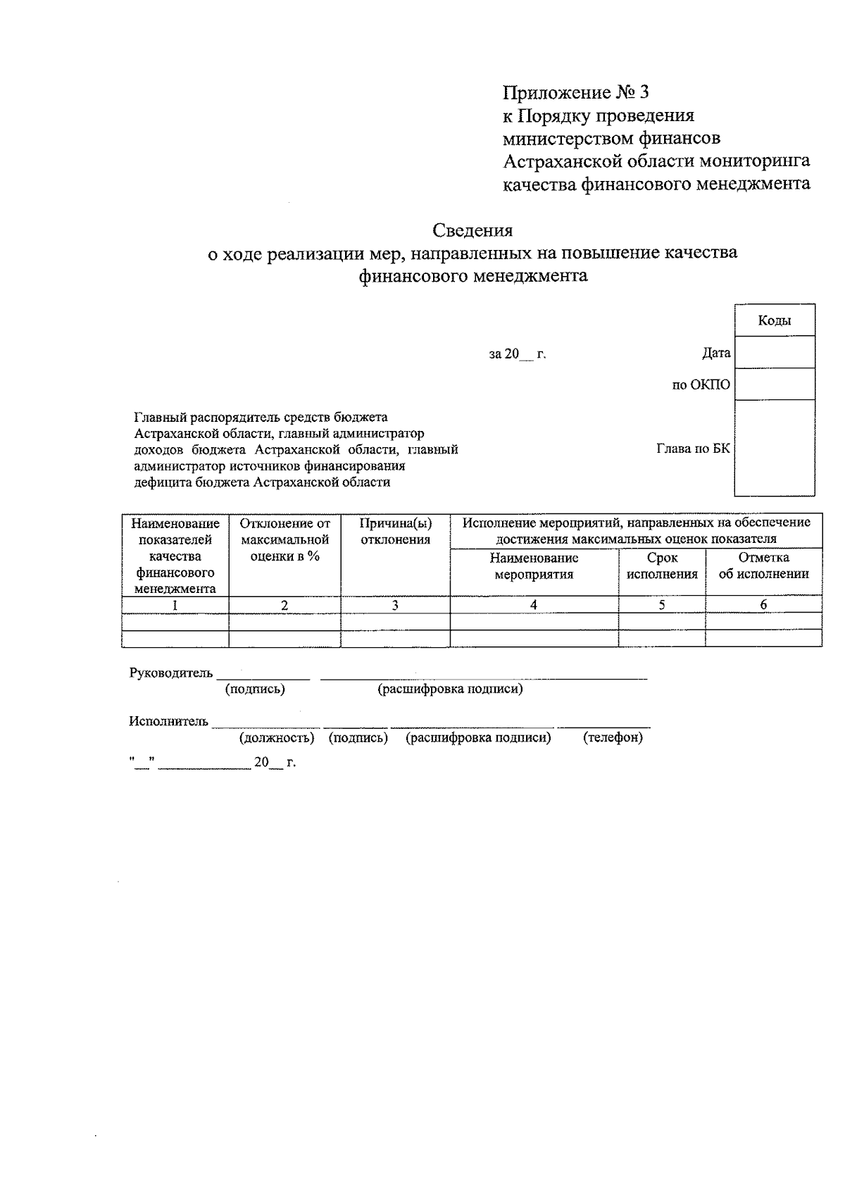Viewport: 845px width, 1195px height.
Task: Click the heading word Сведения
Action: [x=472, y=230]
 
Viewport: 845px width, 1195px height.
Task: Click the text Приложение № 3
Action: [x=575, y=92]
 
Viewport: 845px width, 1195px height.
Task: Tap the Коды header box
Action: [x=775, y=320]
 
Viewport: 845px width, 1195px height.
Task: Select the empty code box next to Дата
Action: [x=775, y=352]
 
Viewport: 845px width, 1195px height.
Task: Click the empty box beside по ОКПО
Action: [x=775, y=384]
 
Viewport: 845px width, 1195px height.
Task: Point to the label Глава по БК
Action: [x=693, y=448]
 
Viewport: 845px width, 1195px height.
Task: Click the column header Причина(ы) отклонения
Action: [x=395, y=532]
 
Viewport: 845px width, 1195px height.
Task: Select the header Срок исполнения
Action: [x=662, y=565]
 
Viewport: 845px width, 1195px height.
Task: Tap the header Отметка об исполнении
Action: [x=763, y=565]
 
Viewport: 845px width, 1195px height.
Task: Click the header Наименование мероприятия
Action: [x=534, y=565]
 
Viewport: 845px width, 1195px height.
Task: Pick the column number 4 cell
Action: [x=534, y=604]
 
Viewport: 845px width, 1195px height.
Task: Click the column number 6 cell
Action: [x=763, y=604]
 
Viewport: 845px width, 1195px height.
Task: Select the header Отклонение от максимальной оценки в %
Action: [x=284, y=539]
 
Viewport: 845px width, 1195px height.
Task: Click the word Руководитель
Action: [x=171, y=672]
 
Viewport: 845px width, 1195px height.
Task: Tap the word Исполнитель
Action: [x=169, y=721]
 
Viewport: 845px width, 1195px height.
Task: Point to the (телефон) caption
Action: [x=613, y=737]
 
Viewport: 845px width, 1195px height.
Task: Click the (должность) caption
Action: [x=277, y=737]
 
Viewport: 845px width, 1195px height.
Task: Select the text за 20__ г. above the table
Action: [x=518, y=354]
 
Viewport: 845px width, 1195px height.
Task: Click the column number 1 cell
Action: [x=175, y=604]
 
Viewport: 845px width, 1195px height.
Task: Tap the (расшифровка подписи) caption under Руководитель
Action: [x=450, y=689]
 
